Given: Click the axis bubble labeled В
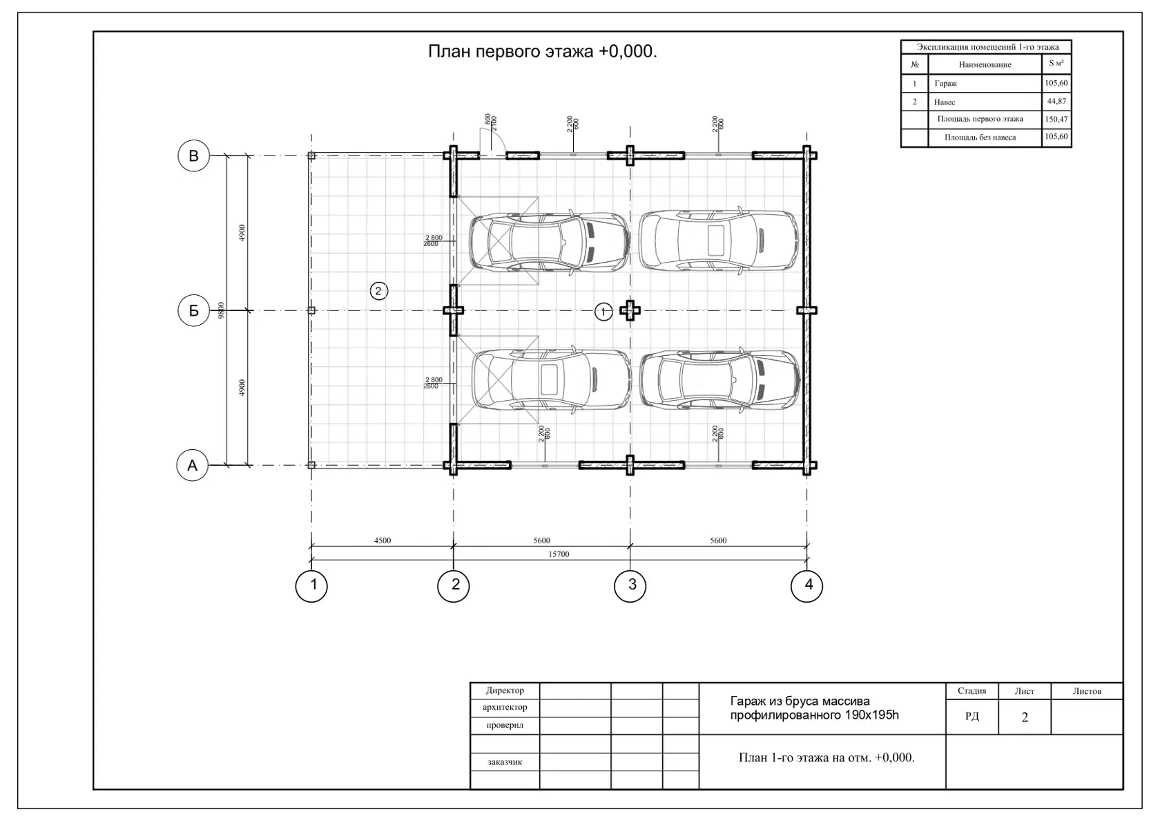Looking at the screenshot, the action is tap(193, 155).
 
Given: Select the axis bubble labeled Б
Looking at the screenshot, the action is tap(193, 310).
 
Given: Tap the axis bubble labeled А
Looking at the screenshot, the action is tap(192, 465).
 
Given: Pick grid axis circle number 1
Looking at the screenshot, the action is tap(311, 586).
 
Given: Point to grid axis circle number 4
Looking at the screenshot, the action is tap(806, 586).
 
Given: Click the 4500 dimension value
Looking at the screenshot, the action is tap(383, 540).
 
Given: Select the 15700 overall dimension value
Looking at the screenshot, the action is tap(559, 554).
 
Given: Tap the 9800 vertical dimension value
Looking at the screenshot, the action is tap(221, 310).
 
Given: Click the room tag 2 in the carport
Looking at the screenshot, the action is tap(378, 291).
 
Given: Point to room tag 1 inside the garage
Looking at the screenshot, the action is tap(603, 312).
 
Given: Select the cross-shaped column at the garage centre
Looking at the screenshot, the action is tap(630, 310).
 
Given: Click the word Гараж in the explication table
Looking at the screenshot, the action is tap(946, 84).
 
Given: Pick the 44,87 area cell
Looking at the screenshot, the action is tap(1056, 101).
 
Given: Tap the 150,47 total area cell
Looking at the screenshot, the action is tap(1056, 119).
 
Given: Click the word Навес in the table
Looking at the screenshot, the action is tap(945, 102).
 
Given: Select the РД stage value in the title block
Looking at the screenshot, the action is tap(972, 716).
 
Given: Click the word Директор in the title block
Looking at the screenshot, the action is tap(505, 690).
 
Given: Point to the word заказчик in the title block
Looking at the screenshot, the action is tap(505, 762).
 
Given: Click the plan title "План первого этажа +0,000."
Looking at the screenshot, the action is tap(542, 51).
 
